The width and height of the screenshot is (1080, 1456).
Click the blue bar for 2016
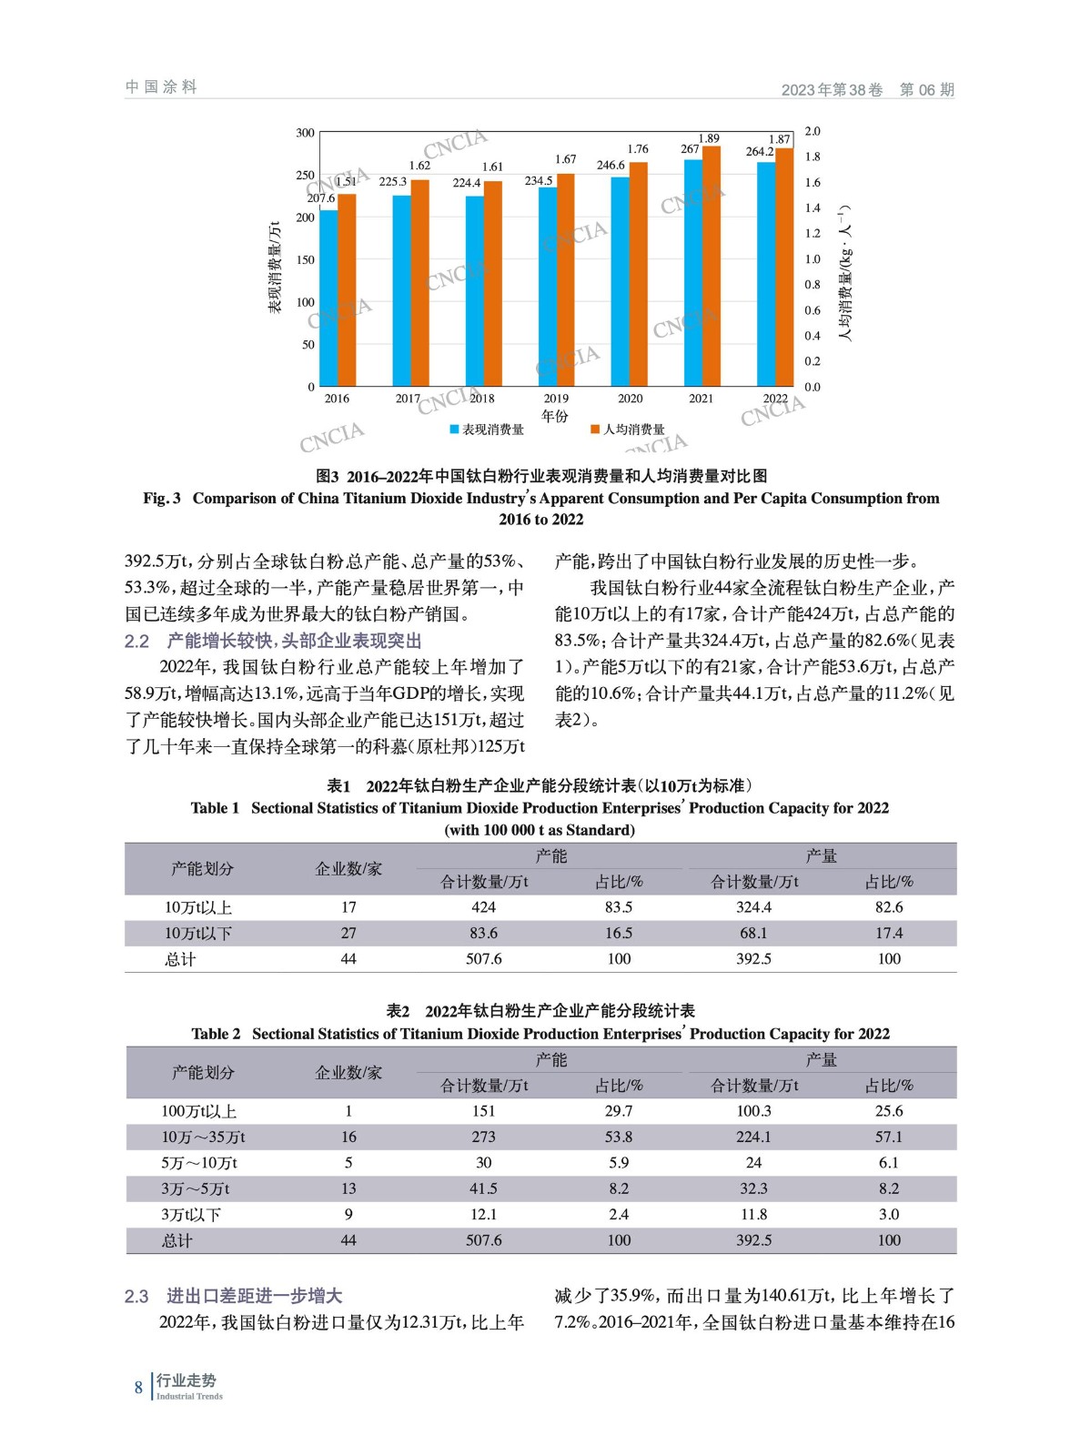pos(328,298)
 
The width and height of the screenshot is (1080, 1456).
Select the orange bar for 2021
pos(712,266)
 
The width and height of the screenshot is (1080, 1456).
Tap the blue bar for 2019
pos(548,287)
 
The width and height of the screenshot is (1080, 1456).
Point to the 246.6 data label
pos(611,166)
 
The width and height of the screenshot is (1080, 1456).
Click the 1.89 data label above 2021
pos(709,138)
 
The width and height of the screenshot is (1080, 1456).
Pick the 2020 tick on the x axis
pos(630,399)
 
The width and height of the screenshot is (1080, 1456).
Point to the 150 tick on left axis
pos(305,260)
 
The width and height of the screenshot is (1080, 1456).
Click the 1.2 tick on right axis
pos(813,234)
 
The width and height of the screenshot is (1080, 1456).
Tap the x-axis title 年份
pos(554,416)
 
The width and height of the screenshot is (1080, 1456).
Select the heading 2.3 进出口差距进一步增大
pos(234,1296)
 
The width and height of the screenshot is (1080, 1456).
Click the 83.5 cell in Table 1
pos(619,907)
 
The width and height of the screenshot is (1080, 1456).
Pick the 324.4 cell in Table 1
pos(753,907)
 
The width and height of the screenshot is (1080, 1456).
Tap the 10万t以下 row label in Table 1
pos(198,933)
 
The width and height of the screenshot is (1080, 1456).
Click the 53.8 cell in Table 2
pos(619,1137)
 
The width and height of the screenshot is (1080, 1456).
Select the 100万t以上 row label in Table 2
pos(198,1111)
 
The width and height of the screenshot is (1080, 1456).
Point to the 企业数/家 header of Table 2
pos(348,1073)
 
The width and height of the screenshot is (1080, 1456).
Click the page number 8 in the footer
pos(138,1387)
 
